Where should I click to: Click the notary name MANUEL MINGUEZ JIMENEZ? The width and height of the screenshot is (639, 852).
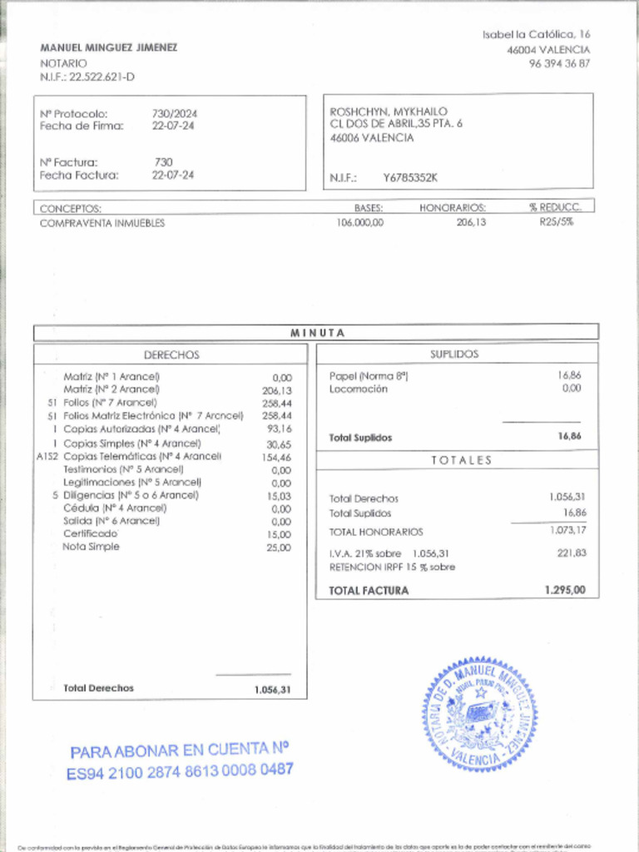(x=108, y=47)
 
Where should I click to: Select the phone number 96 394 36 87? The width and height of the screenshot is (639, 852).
(x=559, y=63)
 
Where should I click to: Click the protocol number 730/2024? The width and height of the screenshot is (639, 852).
(x=175, y=113)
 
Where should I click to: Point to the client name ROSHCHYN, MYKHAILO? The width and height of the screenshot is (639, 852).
(x=389, y=111)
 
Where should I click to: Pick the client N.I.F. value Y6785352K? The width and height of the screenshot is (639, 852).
(x=410, y=177)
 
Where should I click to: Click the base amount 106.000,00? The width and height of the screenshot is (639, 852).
(x=360, y=223)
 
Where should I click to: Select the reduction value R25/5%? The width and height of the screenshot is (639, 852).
(x=556, y=222)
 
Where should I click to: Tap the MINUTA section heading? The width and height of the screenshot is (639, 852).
(x=317, y=333)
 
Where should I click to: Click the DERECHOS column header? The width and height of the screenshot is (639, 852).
(x=171, y=354)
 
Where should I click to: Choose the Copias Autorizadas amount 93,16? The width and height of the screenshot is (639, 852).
(x=280, y=428)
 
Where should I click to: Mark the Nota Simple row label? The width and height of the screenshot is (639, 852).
(x=91, y=547)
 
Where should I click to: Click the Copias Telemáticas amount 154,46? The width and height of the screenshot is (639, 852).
(x=276, y=457)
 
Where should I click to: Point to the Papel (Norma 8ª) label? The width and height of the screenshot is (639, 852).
(x=369, y=376)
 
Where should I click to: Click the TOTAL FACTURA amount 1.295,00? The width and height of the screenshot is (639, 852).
(x=566, y=590)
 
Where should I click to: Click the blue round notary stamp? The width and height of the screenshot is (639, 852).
(x=479, y=715)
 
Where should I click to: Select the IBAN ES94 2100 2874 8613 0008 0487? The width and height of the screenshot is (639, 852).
(x=180, y=771)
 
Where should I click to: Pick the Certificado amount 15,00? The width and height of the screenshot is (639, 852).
(x=280, y=534)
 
